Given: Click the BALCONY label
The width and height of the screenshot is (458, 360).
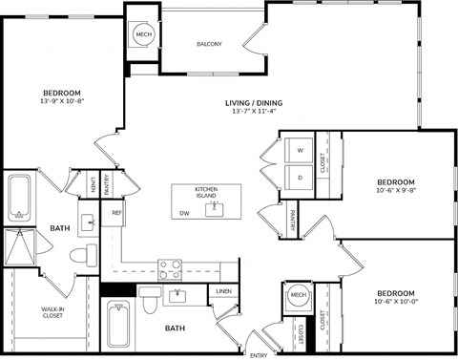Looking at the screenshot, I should click(x=209, y=44).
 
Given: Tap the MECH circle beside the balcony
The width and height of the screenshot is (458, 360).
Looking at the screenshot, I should click(x=144, y=35).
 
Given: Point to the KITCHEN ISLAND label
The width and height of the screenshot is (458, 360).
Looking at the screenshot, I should click(x=206, y=192).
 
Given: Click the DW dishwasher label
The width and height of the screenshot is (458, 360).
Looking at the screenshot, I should click(x=183, y=214).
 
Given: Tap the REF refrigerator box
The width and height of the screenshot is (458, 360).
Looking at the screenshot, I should click(x=116, y=213).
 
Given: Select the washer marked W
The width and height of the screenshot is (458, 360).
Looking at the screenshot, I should click(x=299, y=152).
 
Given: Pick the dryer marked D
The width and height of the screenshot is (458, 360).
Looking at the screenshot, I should click(x=299, y=178).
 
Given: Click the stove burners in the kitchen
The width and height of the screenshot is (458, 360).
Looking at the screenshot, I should click(x=170, y=269).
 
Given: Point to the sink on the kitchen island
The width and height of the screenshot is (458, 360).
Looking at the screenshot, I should click(x=215, y=208).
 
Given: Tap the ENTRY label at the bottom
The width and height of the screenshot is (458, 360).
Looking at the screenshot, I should click(x=258, y=354).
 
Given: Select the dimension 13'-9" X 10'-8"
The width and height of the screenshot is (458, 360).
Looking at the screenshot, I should click(x=61, y=99).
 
